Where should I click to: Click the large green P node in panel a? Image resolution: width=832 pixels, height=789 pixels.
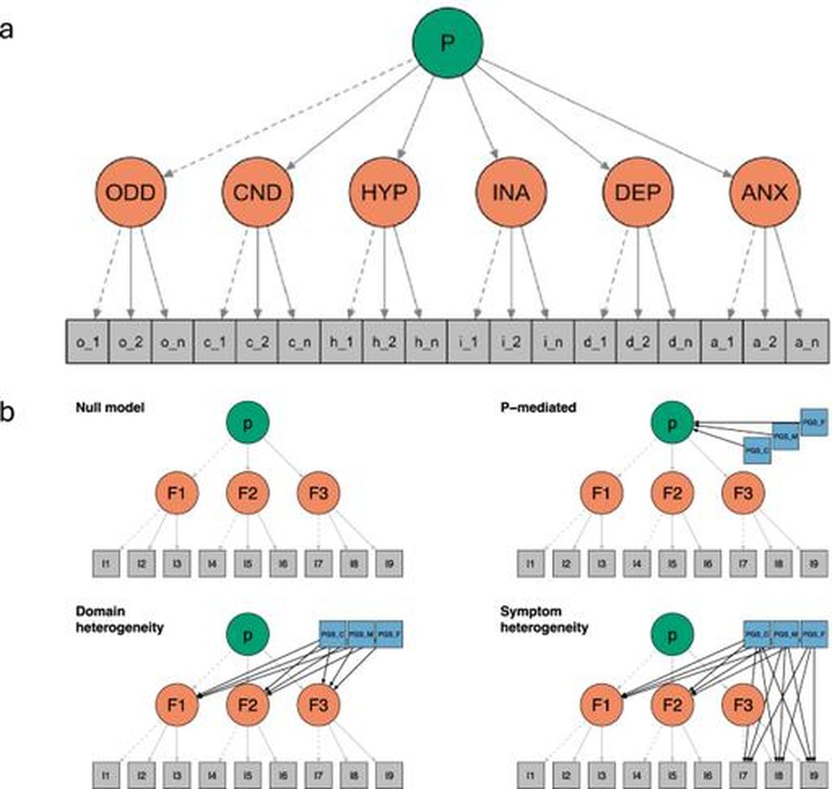click(x=448, y=44)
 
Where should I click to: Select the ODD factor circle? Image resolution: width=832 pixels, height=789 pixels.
click(x=130, y=192)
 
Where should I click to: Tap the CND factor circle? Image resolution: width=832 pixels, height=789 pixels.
click(x=257, y=192)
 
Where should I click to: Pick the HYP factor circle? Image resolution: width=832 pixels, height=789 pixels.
click(x=384, y=192)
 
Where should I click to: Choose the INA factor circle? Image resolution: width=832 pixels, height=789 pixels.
click(x=511, y=192)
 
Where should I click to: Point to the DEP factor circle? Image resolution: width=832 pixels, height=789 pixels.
click(x=638, y=192)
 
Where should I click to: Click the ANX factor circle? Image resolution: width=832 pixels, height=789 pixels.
click(x=765, y=192)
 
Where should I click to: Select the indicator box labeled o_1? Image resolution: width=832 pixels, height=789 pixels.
click(x=88, y=342)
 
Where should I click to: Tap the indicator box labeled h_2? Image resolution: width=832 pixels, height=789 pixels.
click(x=384, y=342)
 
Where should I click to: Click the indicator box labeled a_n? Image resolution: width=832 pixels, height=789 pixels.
click(x=807, y=342)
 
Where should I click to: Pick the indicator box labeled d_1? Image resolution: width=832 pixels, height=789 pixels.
click(x=596, y=342)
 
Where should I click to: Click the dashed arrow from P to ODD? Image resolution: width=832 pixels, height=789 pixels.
click(x=291, y=116)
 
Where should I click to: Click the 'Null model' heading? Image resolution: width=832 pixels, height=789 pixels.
click(x=110, y=408)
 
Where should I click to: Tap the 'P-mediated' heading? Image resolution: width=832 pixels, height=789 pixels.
click(x=538, y=408)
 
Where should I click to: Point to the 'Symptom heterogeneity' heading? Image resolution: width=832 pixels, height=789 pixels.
click(x=544, y=619)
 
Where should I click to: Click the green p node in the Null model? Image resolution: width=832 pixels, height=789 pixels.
click(x=248, y=423)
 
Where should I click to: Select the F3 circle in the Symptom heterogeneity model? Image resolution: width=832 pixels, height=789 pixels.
click(x=743, y=705)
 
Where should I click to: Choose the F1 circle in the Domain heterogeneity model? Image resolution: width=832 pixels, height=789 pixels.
click(x=177, y=705)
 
